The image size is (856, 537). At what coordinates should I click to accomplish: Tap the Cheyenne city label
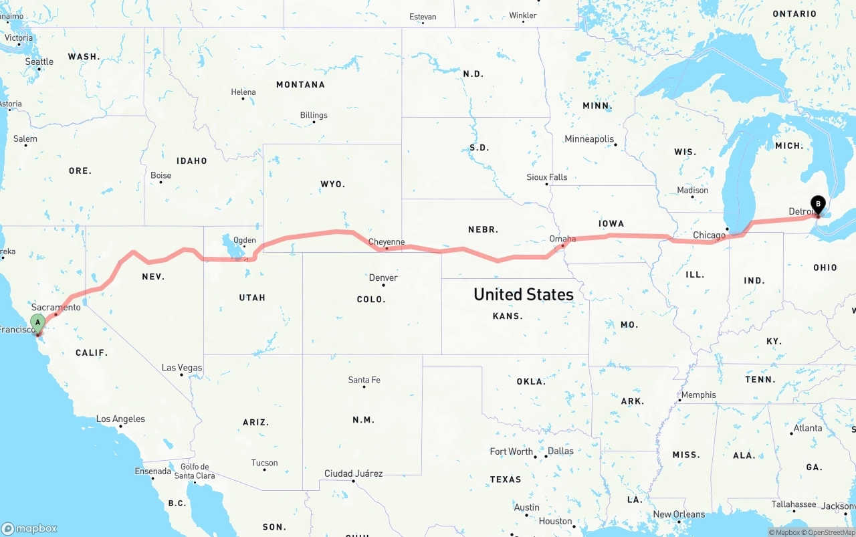point(387,242)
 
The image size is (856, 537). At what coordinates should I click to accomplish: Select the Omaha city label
point(562,239)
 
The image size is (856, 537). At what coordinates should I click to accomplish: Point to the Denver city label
point(383,278)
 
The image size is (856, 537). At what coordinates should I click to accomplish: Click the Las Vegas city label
point(182,368)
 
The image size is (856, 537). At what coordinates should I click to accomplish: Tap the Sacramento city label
point(56,308)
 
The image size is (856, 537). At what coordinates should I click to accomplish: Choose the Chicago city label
point(709,235)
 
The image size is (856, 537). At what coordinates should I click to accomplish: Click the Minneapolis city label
point(589,139)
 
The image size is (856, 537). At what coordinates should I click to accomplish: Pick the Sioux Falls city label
point(546,177)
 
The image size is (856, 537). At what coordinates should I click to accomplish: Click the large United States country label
point(524,294)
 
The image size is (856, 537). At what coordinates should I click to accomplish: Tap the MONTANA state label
point(300,85)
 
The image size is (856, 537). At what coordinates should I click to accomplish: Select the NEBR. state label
point(483,229)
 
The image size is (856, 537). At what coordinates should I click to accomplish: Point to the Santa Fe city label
point(364,380)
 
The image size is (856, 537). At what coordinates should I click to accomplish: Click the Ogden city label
point(244,240)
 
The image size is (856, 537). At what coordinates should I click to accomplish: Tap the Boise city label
point(160,176)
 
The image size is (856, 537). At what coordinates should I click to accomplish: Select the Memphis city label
point(698,395)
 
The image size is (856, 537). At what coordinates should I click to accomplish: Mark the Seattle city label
point(39,62)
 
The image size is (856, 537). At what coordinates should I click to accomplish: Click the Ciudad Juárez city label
point(353,473)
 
